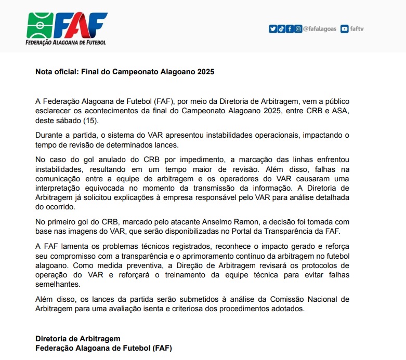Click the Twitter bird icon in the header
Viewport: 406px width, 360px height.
pyautogui.click(x=272, y=29)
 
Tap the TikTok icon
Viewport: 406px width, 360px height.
pyautogui.click(x=281, y=29)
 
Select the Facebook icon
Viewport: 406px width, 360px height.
pyautogui.click(x=290, y=29)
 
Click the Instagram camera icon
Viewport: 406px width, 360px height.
pyautogui.click(x=298, y=29)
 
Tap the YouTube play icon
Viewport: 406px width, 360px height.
pyautogui.click(x=344, y=29)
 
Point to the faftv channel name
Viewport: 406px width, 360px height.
pyautogui.click(x=357, y=29)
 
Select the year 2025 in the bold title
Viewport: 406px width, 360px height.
pyautogui.click(x=205, y=72)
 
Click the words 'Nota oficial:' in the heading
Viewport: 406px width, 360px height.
pyautogui.click(x=57, y=72)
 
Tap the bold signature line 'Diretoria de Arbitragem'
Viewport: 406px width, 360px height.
pyautogui.click(x=78, y=339)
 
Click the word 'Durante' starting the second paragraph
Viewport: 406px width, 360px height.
pyautogui.click(x=49, y=135)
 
